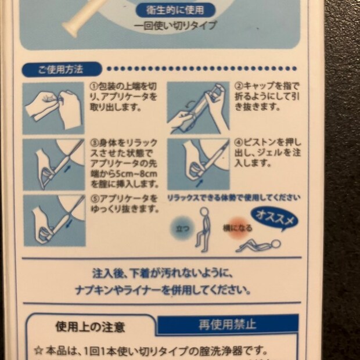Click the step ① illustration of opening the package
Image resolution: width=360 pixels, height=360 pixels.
click(x=53, y=108)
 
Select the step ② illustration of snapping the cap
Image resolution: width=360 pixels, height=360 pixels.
click(x=197, y=108)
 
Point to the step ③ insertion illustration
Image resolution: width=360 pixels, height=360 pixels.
click(x=53, y=164)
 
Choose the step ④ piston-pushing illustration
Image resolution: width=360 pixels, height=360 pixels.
click(x=197, y=164)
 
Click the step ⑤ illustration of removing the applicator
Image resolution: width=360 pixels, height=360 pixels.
click(x=53, y=219)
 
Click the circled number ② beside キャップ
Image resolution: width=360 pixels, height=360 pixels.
click(x=238, y=85)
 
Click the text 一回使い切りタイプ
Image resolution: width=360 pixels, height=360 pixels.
click(x=175, y=26)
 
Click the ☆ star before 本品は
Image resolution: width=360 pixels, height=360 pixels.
click(x=38, y=350)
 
